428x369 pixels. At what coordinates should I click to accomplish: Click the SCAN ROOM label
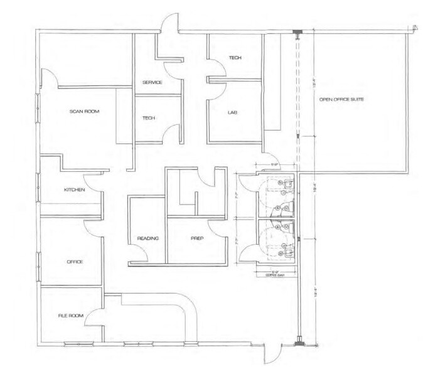[85, 112]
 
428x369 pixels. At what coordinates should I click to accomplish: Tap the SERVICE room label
[152, 83]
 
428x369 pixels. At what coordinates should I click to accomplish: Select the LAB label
[232, 112]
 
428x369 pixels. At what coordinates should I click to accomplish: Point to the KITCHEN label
[75, 190]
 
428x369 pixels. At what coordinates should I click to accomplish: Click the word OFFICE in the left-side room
[75, 262]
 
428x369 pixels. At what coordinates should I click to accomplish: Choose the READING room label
[147, 238]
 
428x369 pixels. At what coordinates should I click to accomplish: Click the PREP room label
[199, 238]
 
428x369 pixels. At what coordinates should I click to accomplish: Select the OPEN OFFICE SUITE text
[341, 100]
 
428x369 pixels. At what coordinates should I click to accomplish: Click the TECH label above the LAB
[235, 58]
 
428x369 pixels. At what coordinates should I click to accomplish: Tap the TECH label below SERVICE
[149, 118]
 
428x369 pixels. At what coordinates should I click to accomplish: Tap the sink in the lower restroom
[287, 252]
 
